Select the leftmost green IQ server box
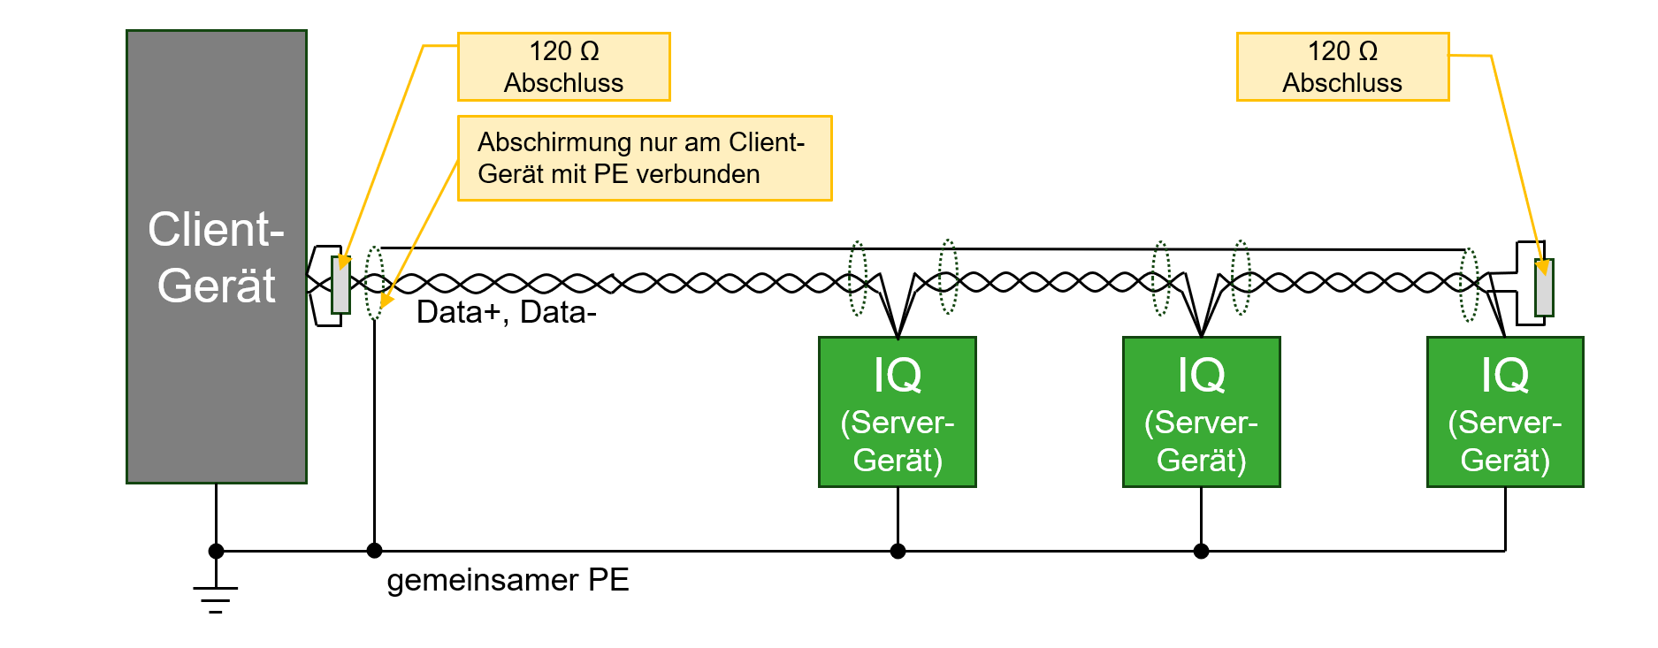(x=898, y=412)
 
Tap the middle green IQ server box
(x=1201, y=412)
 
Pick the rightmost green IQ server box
(x=1505, y=412)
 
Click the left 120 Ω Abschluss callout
(x=564, y=67)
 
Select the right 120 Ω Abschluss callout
(x=1342, y=67)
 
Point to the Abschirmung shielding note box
(x=645, y=158)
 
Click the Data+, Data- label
(x=507, y=312)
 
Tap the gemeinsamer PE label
(x=508, y=580)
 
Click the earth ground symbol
(x=216, y=598)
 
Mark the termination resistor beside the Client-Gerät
(x=340, y=285)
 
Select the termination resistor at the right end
(x=1544, y=287)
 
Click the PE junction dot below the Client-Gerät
(x=216, y=551)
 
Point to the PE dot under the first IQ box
(x=898, y=551)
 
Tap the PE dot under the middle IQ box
(x=1201, y=551)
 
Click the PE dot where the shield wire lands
(x=374, y=551)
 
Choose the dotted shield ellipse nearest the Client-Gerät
(x=374, y=282)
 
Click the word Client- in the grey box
(x=216, y=230)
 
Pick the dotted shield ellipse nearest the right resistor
(x=1469, y=285)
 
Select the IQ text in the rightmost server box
(x=1505, y=375)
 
